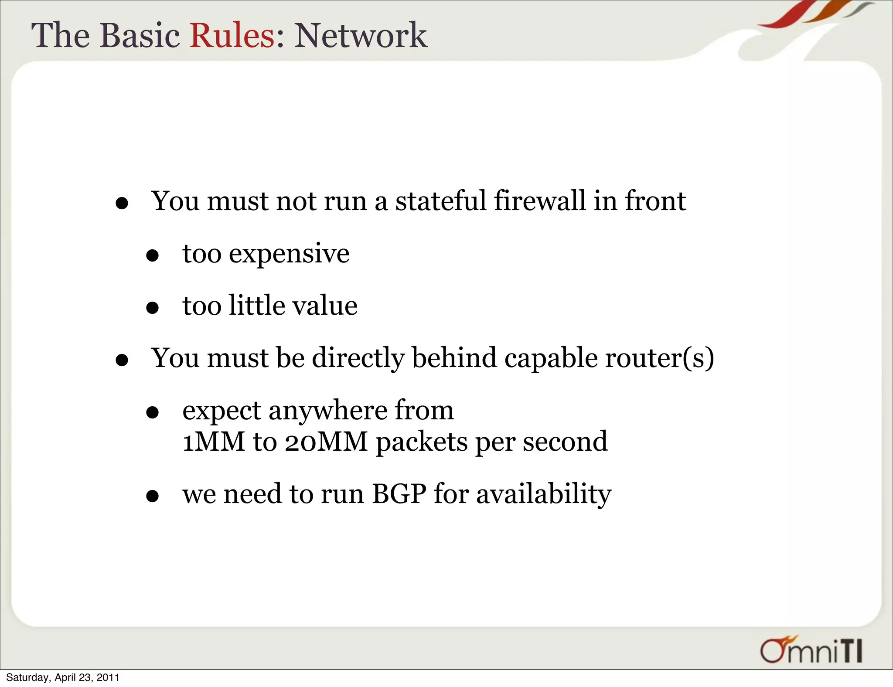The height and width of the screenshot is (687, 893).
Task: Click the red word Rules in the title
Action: click(232, 35)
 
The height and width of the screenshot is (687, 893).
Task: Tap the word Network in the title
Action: click(360, 35)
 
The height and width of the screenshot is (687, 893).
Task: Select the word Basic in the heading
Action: click(140, 35)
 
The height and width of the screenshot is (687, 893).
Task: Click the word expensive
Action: click(289, 254)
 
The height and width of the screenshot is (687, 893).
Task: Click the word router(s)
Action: click(659, 358)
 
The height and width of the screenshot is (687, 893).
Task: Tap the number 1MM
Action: click(213, 442)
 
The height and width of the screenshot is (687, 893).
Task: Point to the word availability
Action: click(543, 495)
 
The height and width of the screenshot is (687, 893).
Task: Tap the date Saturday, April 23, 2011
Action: click(63, 677)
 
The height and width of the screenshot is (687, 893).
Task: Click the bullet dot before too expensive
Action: click(152, 256)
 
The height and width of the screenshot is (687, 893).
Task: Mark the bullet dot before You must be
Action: click(122, 360)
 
